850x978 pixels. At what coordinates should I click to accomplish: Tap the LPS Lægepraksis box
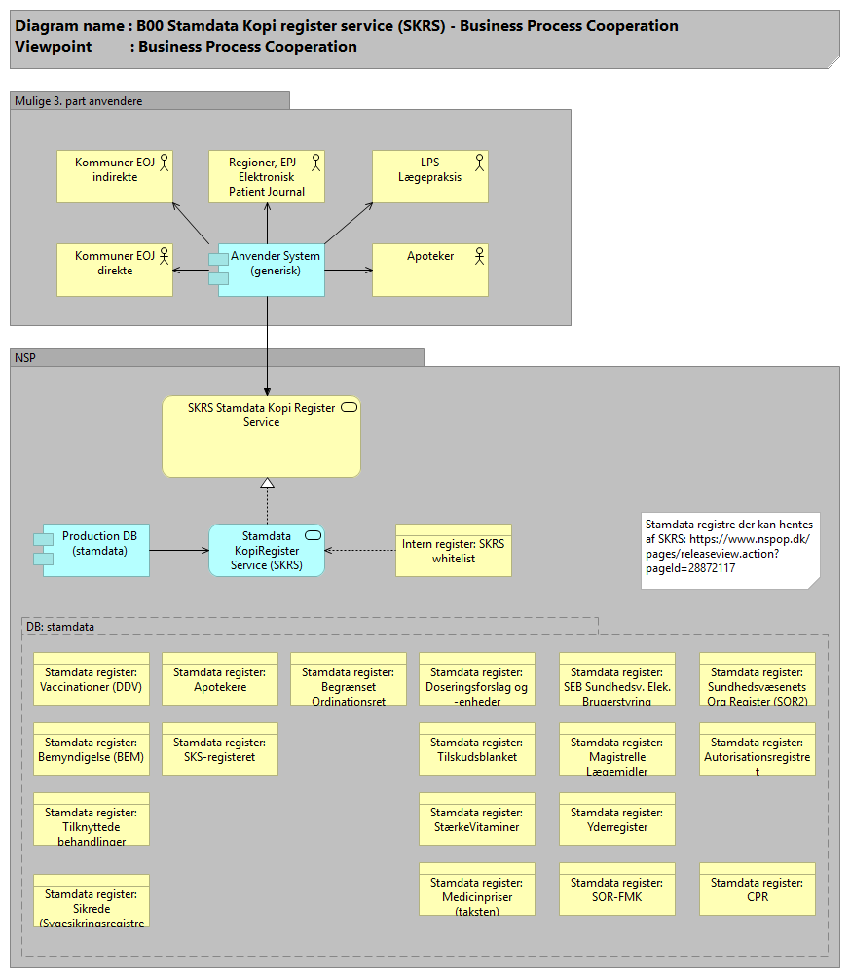(430, 176)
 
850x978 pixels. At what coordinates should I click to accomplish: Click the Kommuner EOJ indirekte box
(115, 176)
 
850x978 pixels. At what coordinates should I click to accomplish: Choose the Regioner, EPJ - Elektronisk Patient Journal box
(267, 176)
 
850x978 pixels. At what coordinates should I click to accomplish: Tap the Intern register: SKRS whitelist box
(453, 551)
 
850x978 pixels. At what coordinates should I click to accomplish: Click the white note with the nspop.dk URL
(729, 551)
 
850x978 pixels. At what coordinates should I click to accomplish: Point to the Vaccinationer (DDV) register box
(92, 678)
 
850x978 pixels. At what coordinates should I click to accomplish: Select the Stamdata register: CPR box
(758, 888)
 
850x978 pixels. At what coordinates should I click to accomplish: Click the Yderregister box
(617, 818)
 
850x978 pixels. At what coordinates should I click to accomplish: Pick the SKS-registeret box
(220, 748)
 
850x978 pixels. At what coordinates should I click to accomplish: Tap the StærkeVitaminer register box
(477, 818)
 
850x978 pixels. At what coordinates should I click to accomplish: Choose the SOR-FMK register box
(617, 888)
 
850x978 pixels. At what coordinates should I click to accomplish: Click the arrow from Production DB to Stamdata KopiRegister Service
(179, 550)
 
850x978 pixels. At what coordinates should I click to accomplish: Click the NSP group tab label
(25, 358)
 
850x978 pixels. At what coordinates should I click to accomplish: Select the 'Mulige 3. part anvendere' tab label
(78, 101)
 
